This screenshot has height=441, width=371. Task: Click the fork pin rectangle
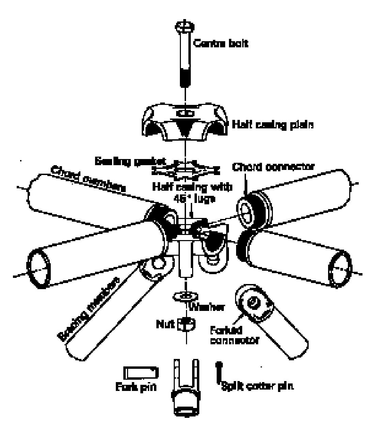tap(140, 373)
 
